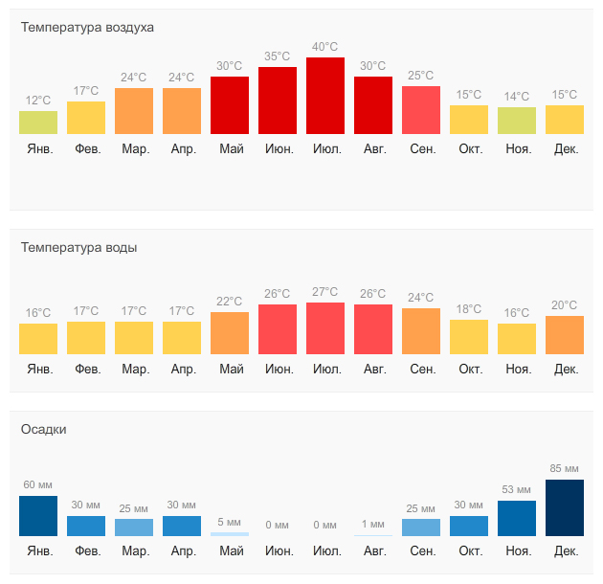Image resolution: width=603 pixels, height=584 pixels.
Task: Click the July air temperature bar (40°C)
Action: point(325,96)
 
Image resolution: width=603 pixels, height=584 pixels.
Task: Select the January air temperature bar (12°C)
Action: point(38,123)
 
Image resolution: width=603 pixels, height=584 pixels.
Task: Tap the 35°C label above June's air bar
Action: point(278,56)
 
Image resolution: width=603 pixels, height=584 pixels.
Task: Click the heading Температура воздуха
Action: point(87,27)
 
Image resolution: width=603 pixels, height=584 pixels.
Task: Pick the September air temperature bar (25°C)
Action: point(421,110)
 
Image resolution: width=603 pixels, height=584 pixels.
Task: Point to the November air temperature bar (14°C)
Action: point(517,120)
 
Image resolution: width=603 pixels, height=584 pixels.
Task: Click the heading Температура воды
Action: point(78,247)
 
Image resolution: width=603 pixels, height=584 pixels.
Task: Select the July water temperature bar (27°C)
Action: point(325,328)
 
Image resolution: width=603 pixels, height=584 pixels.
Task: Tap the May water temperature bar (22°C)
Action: point(230,333)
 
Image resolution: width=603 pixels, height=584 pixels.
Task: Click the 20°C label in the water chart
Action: point(565,305)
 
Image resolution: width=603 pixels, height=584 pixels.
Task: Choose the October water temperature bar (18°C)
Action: point(469,337)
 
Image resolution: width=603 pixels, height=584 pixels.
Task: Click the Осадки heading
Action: point(44,429)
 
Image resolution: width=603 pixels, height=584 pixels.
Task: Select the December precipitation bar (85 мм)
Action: point(565,507)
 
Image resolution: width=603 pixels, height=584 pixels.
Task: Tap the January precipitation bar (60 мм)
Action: point(38,516)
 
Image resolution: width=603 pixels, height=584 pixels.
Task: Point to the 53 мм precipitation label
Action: point(517,489)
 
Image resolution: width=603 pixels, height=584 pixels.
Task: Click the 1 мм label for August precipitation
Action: point(373,524)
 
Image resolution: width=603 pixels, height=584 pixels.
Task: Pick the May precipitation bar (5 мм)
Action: point(230,533)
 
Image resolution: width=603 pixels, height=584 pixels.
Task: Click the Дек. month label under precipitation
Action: point(566,551)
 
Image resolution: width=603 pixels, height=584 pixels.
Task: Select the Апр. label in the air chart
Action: point(182,148)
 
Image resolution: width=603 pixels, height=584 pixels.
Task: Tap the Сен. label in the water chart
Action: point(422,369)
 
